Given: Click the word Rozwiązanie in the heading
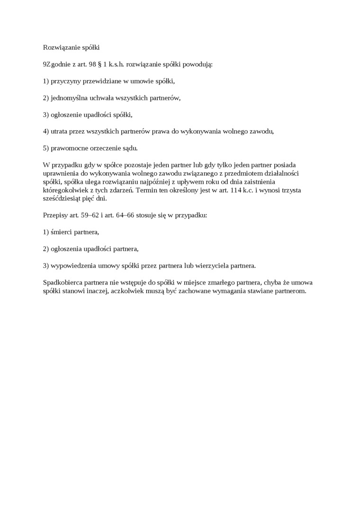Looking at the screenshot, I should [x=60, y=47].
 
